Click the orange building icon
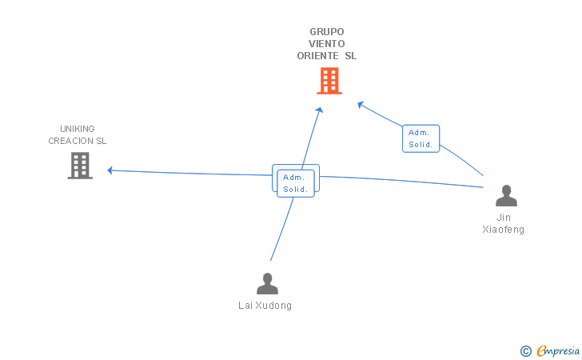click(x=329, y=81)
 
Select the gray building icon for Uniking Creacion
click(x=80, y=166)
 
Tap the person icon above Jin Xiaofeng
click(x=505, y=196)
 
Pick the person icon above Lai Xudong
click(x=267, y=283)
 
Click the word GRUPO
click(x=327, y=32)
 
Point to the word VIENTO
click(x=327, y=44)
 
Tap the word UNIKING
click(x=77, y=129)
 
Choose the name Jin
click(x=504, y=218)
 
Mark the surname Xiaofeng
click(x=504, y=230)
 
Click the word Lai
click(x=246, y=306)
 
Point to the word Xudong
click(x=274, y=306)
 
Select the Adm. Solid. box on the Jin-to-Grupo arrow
click(x=421, y=138)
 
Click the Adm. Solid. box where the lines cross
click(x=295, y=183)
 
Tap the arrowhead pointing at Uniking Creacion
click(x=110, y=170)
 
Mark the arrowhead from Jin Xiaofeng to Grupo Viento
click(x=361, y=103)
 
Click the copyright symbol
click(x=525, y=350)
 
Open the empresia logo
click(x=558, y=350)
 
